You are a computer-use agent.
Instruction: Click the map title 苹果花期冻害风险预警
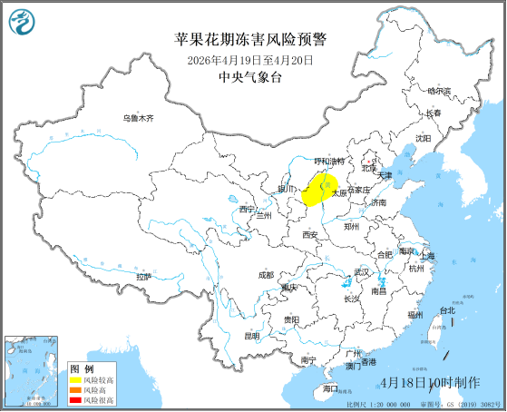point(249,40)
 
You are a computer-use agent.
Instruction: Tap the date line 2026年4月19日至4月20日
point(249,60)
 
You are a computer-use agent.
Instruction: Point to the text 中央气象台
point(250,78)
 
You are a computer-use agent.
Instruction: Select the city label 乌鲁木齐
point(139,118)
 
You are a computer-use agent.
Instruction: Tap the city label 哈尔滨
point(438,91)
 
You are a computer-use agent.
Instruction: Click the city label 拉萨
point(143,276)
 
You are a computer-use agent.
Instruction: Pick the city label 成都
point(265,274)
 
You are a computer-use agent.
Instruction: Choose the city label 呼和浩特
point(328,162)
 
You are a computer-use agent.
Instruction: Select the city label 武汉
point(362,272)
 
